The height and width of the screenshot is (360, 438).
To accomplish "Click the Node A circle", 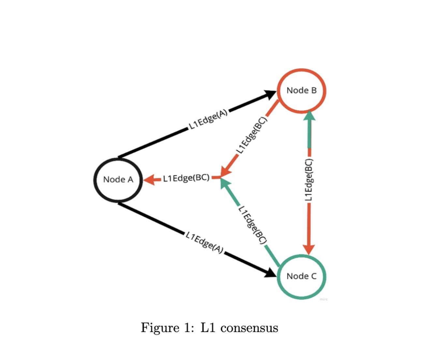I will [118, 179].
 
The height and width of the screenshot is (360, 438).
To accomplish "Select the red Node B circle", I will [301, 90].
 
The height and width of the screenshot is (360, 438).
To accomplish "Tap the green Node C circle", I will [301, 276].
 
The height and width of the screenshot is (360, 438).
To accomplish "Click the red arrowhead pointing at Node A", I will [150, 179].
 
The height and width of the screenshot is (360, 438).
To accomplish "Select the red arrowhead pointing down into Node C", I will [309, 249].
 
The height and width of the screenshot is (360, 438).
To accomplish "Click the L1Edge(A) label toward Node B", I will [208, 120].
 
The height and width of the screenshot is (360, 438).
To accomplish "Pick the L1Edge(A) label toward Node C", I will [205, 243].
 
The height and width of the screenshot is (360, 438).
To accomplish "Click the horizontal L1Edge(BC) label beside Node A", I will [186, 178].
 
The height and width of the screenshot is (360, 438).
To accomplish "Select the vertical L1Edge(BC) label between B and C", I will [309, 180].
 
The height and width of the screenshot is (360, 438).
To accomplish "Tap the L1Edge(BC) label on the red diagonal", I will [252, 135].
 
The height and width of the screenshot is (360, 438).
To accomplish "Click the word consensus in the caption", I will [249, 328].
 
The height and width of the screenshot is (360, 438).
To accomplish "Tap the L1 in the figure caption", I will [208, 327].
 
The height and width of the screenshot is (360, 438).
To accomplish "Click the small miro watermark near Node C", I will [323, 299].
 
